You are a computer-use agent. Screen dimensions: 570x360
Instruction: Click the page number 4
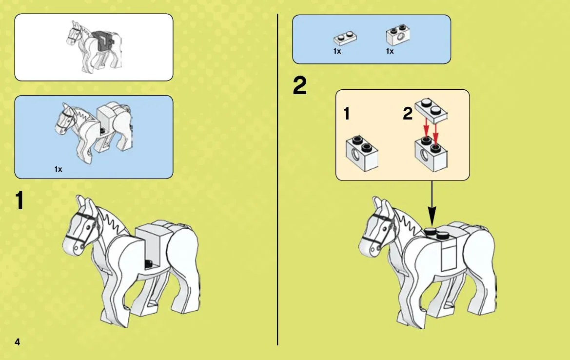pos(17,342)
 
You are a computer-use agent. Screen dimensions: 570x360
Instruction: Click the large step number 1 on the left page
pos(20,200)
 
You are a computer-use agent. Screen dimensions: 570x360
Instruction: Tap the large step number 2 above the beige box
pos(300,86)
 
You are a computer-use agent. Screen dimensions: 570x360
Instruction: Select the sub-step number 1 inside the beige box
pos(347,114)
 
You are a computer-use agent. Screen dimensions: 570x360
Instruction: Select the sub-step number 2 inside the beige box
pos(408,114)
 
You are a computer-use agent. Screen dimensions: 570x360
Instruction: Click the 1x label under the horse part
pos(58,169)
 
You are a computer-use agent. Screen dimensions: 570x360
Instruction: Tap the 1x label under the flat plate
pos(337,51)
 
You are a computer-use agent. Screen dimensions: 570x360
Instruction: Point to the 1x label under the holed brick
pos(390,51)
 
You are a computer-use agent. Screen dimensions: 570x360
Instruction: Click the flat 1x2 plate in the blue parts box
pos(345,38)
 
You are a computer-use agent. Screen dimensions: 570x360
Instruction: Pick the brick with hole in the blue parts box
pos(398,35)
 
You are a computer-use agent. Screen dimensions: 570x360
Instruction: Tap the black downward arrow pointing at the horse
pos(432,203)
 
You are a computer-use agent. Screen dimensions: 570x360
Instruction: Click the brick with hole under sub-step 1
pos(362,153)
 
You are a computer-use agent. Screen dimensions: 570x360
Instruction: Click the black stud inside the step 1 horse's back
pos(148,263)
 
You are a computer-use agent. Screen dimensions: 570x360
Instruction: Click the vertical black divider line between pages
pos(277,180)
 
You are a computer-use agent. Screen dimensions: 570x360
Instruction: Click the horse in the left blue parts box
pos(94,132)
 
